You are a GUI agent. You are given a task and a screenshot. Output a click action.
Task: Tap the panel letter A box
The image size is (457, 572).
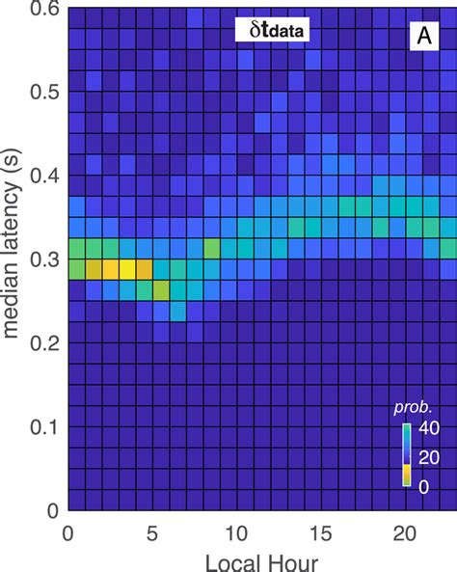pyautogui.click(x=422, y=37)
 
